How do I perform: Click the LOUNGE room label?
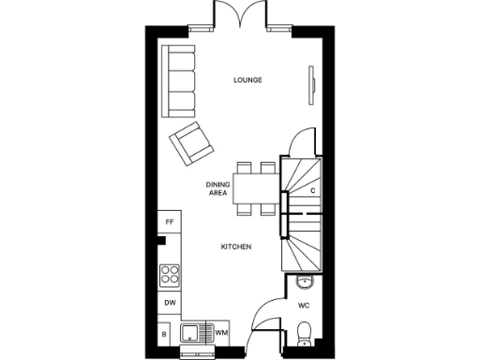pos(247,80)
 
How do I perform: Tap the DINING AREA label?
pos(217,188)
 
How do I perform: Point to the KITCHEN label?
pos(234,246)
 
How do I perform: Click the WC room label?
pos(304,306)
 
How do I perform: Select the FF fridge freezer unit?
pos(170,222)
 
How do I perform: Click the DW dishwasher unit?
pos(170,303)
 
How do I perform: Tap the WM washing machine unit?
pos(221,332)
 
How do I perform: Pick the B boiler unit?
pos(164,333)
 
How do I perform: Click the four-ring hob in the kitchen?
pos(170,275)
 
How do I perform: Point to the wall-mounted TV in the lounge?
pos(311,82)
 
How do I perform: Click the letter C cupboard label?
pos(312,190)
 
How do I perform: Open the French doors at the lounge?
pos(232,16)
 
